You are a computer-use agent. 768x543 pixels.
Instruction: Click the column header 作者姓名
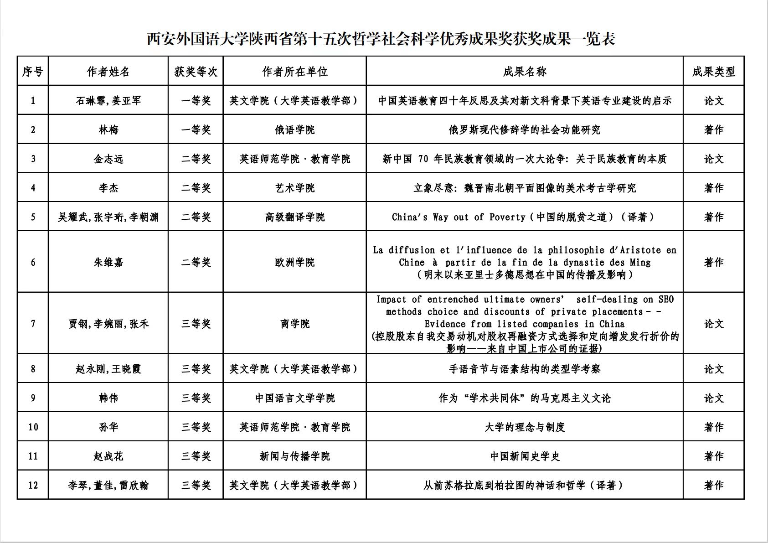click(108, 72)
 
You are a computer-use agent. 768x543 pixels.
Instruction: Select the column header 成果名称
click(525, 72)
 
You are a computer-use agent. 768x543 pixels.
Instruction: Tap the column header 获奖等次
click(196, 72)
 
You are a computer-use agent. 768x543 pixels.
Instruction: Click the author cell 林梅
click(108, 130)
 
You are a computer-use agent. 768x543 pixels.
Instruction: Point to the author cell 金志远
click(108, 159)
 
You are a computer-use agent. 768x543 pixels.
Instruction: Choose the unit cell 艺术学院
click(295, 188)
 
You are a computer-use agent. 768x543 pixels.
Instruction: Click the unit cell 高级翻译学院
click(295, 217)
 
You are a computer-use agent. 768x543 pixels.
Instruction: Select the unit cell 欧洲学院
click(295, 262)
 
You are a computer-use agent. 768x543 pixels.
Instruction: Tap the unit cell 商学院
click(295, 324)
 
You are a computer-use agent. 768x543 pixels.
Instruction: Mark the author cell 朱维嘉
click(108, 262)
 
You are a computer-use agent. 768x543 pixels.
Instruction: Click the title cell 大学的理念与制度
click(525, 427)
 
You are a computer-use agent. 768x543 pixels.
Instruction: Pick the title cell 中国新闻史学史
click(525, 456)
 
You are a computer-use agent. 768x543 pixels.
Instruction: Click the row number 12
click(33, 485)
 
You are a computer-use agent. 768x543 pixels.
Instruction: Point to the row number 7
click(33, 324)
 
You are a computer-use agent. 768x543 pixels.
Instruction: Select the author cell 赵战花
click(108, 456)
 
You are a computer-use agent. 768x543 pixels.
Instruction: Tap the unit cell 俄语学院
click(295, 130)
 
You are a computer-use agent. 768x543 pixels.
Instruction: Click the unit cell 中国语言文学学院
click(295, 398)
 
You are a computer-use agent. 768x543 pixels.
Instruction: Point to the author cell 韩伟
click(108, 398)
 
